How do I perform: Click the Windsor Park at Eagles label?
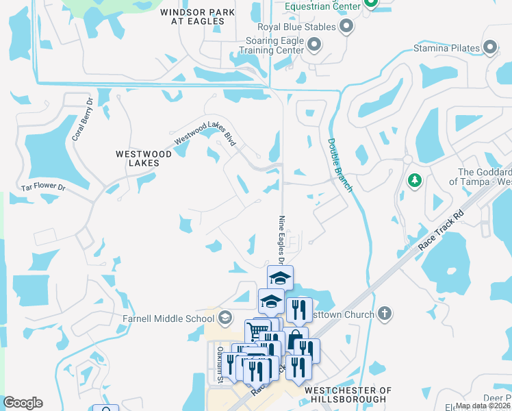(x=192, y=17)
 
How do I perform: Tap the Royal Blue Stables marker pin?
(x=346, y=27)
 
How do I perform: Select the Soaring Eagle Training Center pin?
(x=314, y=46)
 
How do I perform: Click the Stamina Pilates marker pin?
(x=491, y=47)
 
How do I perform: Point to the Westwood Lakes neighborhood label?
(x=144, y=159)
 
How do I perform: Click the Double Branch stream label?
(x=340, y=164)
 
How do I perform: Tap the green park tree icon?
(x=414, y=181)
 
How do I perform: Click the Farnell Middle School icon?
(x=225, y=317)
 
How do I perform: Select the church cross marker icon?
(x=385, y=314)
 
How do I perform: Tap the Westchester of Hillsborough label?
(x=347, y=395)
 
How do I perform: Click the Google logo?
(x=23, y=403)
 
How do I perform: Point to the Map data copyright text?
(x=483, y=406)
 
